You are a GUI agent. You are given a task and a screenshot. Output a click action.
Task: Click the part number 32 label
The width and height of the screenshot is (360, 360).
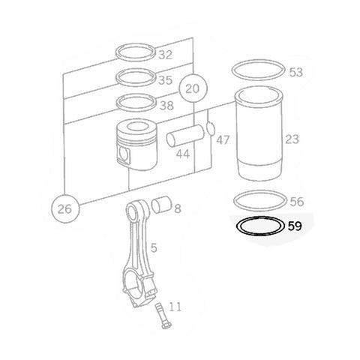(x=165, y=55)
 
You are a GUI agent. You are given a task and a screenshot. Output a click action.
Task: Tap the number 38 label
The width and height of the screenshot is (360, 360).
(x=165, y=106)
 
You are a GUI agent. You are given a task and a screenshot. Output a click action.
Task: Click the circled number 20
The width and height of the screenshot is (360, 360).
(x=193, y=88)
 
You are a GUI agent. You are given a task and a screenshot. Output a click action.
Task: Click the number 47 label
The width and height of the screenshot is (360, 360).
(x=223, y=139)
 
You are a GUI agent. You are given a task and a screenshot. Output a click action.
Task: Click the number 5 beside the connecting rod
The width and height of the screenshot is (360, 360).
(x=153, y=246)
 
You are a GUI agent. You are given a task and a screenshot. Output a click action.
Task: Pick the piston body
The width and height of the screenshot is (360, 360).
(x=135, y=146)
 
